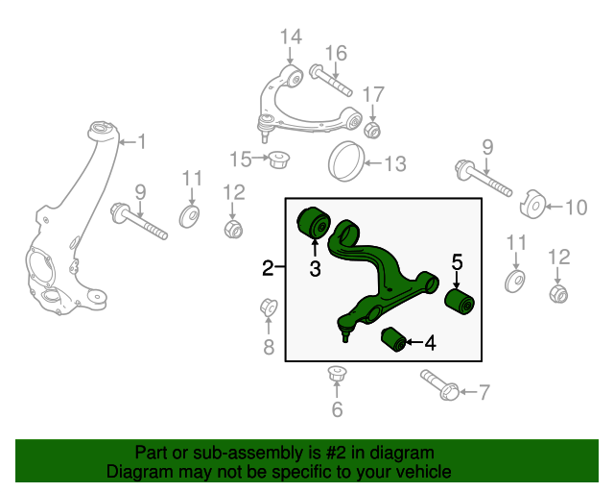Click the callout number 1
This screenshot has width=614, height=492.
tap(142, 143)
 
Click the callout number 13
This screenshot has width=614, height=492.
tap(395, 163)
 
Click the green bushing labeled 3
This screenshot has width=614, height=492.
tap(313, 222)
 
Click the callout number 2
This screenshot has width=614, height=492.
tap(269, 268)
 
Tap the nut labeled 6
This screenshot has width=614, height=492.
tap(336, 374)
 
